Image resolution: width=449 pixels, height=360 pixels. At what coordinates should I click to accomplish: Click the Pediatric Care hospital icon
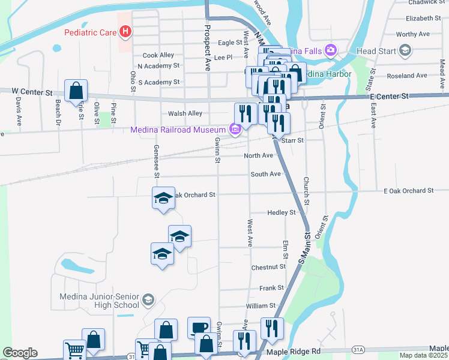pyautogui.click(x=125, y=31)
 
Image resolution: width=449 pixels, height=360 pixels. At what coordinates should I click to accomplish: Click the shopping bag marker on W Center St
pyautogui.click(x=76, y=91)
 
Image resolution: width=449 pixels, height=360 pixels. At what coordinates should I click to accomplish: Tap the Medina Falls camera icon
pyautogui.click(x=330, y=50)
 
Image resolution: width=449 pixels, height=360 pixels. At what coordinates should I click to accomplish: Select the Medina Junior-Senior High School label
pyautogui.click(x=99, y=301)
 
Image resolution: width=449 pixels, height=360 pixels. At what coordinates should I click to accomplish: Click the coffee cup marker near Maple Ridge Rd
pyautogui.click(x=199, y=328)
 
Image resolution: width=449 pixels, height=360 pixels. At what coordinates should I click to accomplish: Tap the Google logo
pyautogui.click(x=20, y=353)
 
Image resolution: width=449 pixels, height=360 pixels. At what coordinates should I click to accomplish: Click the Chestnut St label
pyautogui.click(x=268, y=266)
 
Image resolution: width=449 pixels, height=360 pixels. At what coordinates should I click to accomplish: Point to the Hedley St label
pyautogui.click(x=281, y=212)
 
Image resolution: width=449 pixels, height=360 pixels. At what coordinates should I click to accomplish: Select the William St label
pyautogui.click(x=261, y=306)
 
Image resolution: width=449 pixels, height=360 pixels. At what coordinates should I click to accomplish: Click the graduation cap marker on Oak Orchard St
pyautogui.click(x=163, y=199)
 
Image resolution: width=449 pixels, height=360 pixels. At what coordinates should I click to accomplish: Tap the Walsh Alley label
pyautogui.click(x=178, y=113)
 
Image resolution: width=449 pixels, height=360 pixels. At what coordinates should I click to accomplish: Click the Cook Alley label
pyautogui.click(x=158, y=55)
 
